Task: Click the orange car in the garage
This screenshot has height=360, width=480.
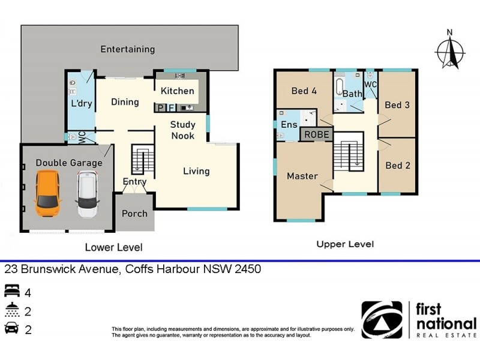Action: click(48, 194)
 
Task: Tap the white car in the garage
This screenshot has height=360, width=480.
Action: click(88, 194)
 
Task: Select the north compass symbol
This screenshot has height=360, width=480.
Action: click(451, 52)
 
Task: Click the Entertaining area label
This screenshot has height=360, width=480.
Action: click(127, 49)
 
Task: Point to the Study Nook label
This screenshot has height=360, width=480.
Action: click(182, 130)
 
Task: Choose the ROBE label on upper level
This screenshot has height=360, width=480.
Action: click(316, 135)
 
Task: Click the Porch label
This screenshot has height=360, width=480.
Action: click(134, 214)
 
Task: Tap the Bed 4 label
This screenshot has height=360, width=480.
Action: click(304, 91)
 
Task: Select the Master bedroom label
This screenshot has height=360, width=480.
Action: click(302, 176)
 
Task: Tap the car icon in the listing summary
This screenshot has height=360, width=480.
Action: click(12, 329)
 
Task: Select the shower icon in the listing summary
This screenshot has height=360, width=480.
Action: click(12, 311)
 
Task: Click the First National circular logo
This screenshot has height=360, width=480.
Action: click(381, 320)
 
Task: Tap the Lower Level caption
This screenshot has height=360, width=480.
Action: click(113, 247)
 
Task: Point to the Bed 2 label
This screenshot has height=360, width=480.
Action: click(397, 166)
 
